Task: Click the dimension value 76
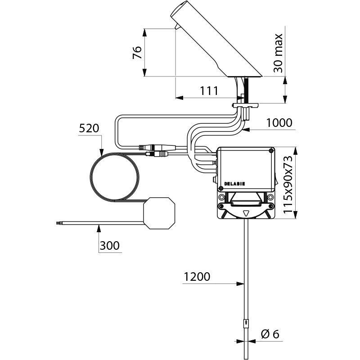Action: [x=138, y=53]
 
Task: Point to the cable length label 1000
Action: [x=279, y=122]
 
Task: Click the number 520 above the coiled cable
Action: [x=88, y=128]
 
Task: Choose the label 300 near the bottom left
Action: [x=110, y=246]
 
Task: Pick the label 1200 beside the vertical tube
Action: [x=197, y=277]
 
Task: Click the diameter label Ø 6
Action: [x=270, y=334]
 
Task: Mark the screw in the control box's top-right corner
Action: [x=270, y=151]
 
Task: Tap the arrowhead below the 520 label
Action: [x=102, y=153]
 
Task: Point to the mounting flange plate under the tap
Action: [x=246, y=105]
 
